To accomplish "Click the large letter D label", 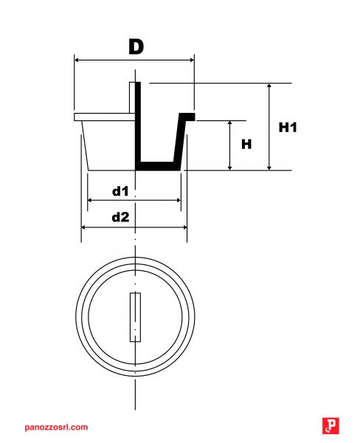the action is pos(136,47).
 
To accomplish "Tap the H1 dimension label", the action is pos(288,128).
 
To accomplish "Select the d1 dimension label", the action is pos(120,191).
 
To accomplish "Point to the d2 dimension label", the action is pos(120,217).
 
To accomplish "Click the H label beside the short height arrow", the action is pos(246,145).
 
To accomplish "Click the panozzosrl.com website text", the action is pos(56,427).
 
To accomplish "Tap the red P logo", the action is pos(330,426).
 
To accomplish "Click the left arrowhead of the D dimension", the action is pos(77,60).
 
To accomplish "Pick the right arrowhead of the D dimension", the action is pos(192,60).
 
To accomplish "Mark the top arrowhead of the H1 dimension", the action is pos(269,86).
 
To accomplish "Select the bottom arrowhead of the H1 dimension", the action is pos(269,168).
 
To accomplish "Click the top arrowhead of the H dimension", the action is pos(230,123).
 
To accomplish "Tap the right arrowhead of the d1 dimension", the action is pos(179,200).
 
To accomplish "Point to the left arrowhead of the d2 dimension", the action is pos(83,227).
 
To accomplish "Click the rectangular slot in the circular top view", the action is pos(136,317).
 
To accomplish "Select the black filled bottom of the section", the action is pos(158,166).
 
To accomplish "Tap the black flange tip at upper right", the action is pos(188,117).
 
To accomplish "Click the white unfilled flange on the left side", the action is pos(105,117).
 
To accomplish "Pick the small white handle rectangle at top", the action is pos(133,97).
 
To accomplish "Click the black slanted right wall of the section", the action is pos(179,141).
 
